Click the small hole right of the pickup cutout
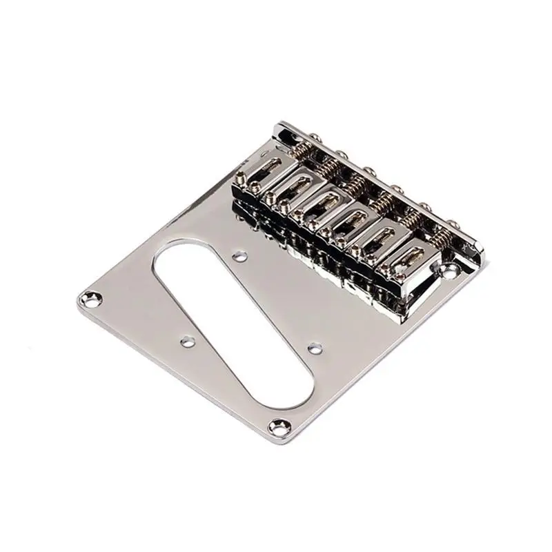tap(315, 347)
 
